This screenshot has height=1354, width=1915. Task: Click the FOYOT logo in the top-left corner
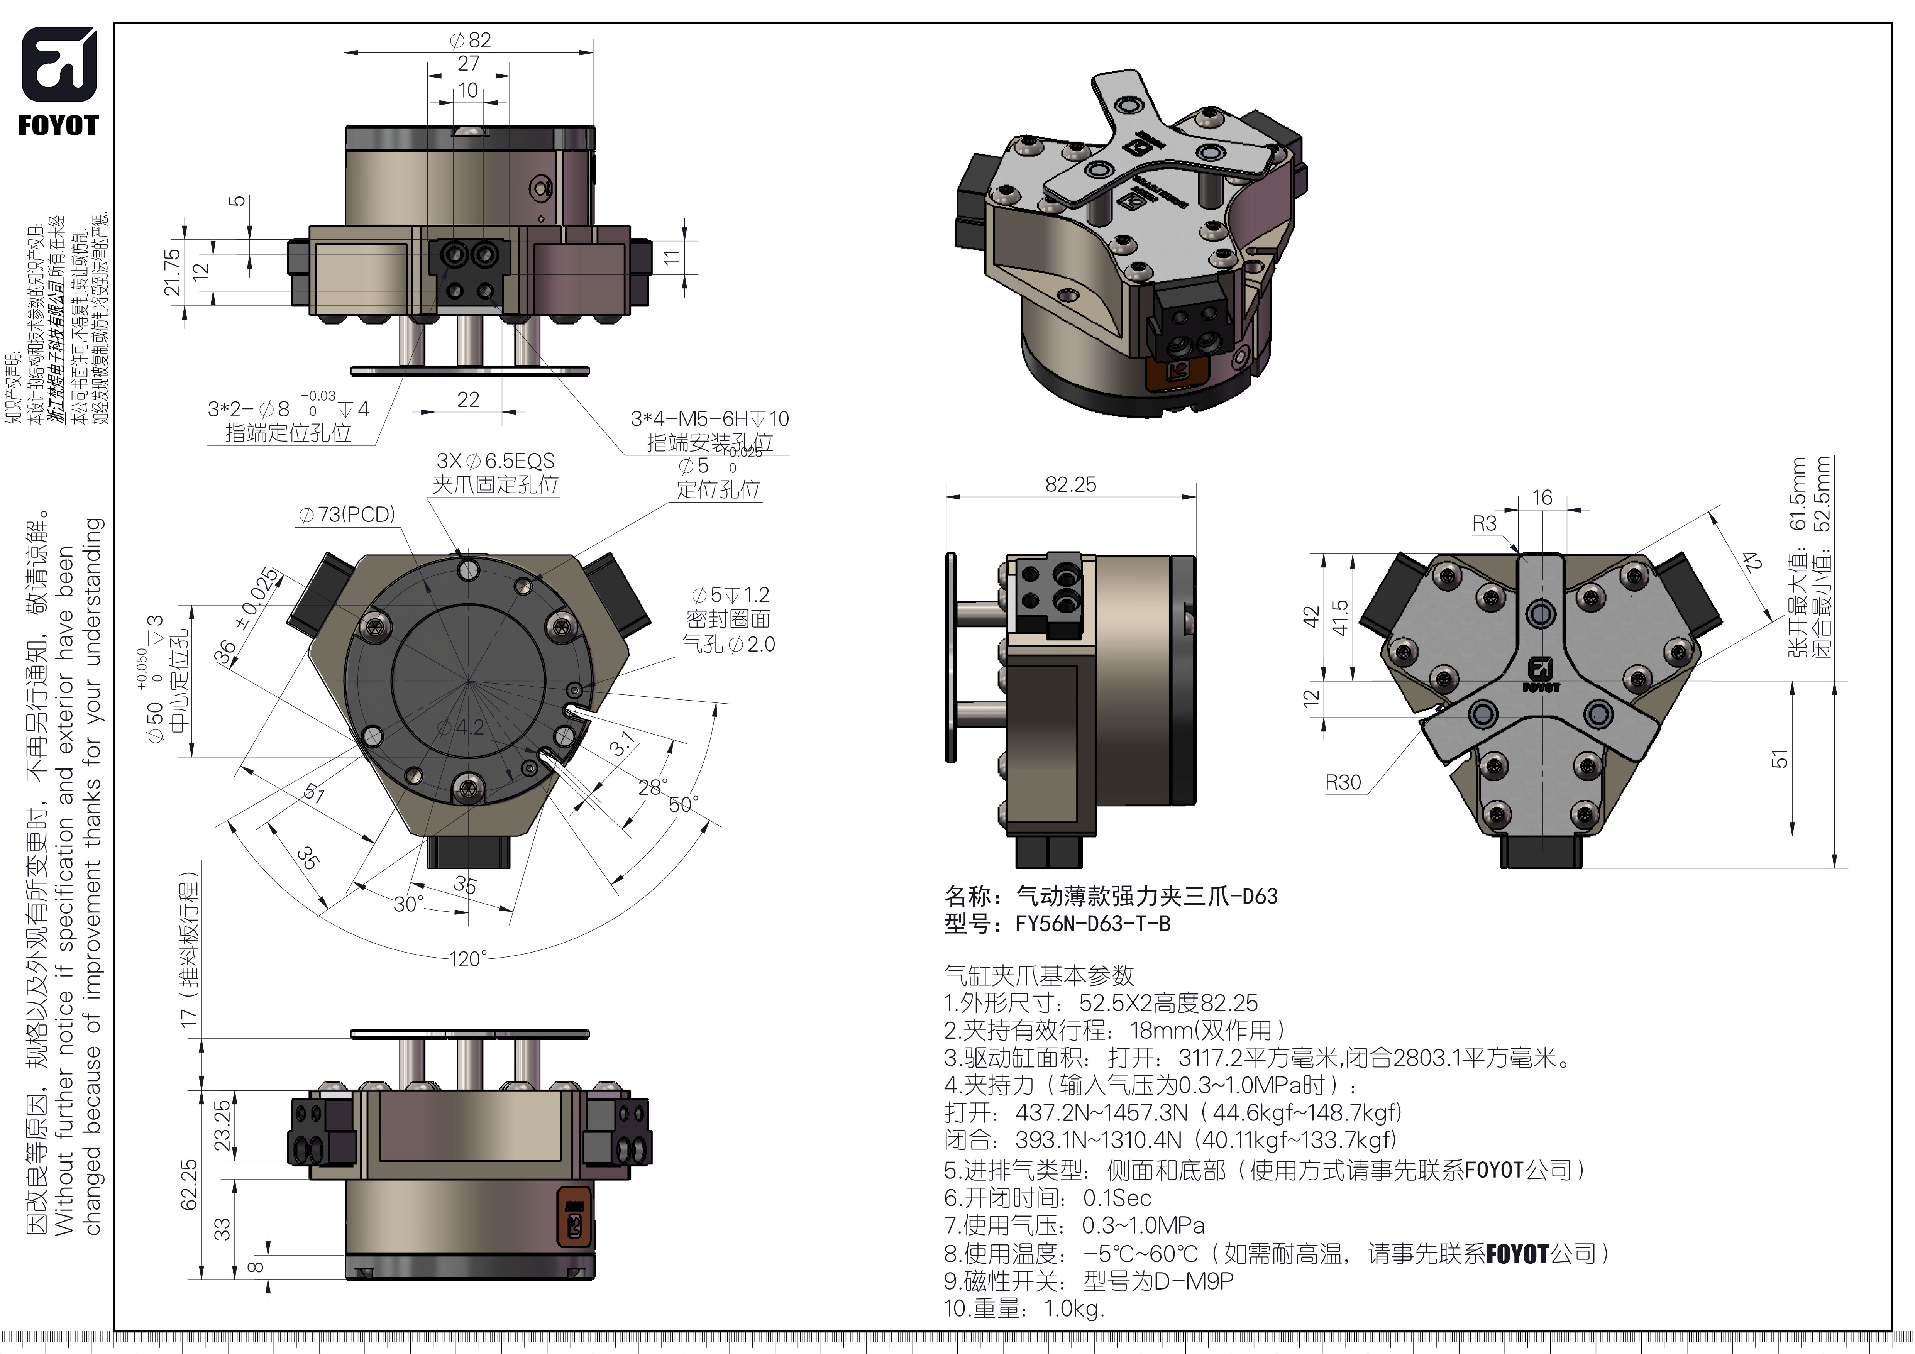click(58, 81)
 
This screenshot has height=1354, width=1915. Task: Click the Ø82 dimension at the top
click(469, 40)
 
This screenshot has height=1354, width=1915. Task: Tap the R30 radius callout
click(1343, 782)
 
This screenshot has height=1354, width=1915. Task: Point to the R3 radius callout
click(1485, 524)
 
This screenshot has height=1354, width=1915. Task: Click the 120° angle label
click(468, 959)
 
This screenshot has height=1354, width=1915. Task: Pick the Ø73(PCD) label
click(347, 515)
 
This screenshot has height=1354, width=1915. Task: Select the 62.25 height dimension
click(190, 1184)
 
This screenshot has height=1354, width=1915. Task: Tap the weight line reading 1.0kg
click(1024, 1308)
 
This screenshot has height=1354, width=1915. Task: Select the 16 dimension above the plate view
click(1542, 498)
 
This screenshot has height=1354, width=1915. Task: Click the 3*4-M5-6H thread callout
click(709, 418)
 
